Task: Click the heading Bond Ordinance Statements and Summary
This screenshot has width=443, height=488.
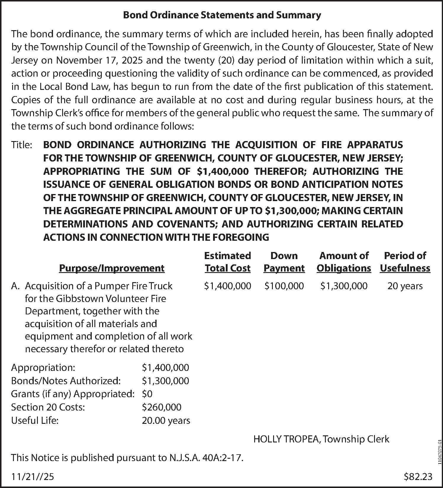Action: [222, 15]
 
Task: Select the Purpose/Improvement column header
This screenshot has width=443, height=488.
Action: [112, 268]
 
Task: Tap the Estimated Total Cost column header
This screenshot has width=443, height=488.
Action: [228, 262]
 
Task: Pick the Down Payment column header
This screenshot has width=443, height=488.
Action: [284, 262]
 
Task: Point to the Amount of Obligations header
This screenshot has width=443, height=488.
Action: [344, 262]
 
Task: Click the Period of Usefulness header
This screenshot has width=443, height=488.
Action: [405, 262]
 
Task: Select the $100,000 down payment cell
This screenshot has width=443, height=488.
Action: [284, 286]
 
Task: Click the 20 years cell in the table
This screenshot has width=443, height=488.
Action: [405, 286]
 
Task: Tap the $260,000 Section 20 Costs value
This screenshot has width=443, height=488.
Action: [162, 407]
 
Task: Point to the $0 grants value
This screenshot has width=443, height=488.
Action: [147, 394]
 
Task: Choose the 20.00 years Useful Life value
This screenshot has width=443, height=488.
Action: [166, 421]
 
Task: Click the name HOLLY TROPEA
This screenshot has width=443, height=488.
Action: [286, 439]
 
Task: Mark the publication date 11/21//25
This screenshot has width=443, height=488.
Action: [33, 476]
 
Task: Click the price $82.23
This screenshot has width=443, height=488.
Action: [418, 476]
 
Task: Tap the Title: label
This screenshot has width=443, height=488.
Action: [22, 145]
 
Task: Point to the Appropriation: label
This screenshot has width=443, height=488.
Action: [43, 368]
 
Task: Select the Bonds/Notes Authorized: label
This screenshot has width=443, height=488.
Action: [66, 381]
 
